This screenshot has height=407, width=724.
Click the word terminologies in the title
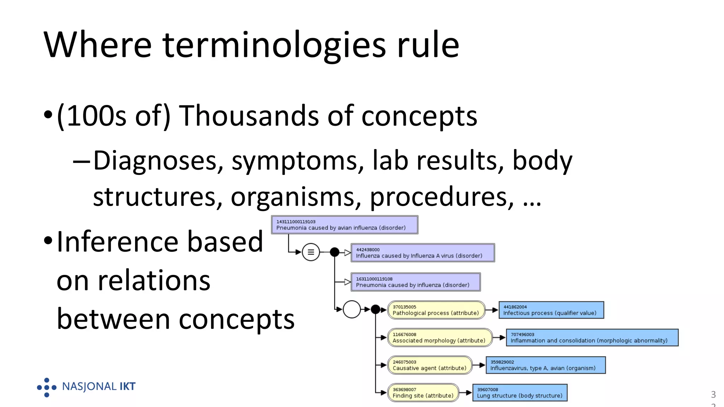pyautogui.click(x=274, y=45)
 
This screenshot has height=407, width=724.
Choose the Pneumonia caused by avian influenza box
pyautogui.click(x=344, y=225)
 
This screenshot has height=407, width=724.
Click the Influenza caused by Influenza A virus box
pyautogui.click(x=422, y=253)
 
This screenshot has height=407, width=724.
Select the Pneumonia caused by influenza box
pyautogui.click(x=415, y=282)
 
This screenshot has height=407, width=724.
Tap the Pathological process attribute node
pyautogui.click(x=436, y=310)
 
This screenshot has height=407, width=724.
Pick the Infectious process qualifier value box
pyautogui.click(x=551, y=310)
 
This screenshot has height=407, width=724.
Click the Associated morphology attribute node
pyautogui.click(x=439, y=337)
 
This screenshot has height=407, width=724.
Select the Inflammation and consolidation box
pyautogui.click(x=592, y=337)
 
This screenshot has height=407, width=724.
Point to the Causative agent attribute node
pyautogui.click(x=430, y=365)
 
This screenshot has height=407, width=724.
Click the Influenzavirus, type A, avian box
pyautogui.click(x=545, y=365)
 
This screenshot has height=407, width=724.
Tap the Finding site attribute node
pyautogui.click(x=423, y=393)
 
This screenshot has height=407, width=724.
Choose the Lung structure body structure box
pyautogui.click(x=520, y=393)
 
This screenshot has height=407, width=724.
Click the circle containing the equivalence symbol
pyautogui.click(x=311, y=252)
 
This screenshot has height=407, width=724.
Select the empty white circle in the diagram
pyautogui.click(x=351, y=309)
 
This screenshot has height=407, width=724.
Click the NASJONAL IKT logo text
pyautogui.click(x=99, y=387)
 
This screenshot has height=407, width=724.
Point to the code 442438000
pyautogui.click(x=368, y=249)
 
